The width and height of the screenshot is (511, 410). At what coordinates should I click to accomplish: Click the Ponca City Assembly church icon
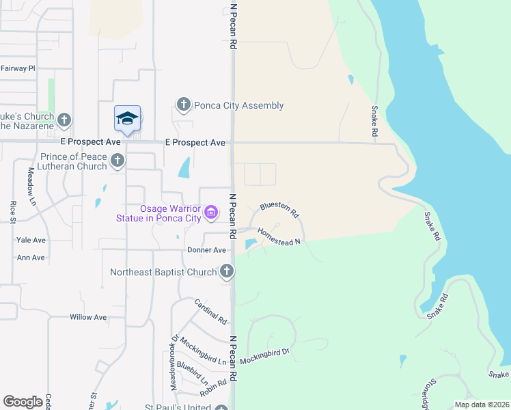click(183, 105)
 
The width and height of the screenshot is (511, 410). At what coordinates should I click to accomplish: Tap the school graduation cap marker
click(128, 119)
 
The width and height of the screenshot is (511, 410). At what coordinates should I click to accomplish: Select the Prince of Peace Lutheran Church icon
click(118, 161)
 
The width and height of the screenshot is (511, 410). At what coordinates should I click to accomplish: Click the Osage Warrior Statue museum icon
click(211, 213)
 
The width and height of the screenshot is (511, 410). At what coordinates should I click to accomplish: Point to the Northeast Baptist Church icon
click(227, 272)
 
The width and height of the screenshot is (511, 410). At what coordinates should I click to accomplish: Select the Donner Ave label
click(206, 250)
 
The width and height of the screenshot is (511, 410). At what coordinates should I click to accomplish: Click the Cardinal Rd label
click(210, 311)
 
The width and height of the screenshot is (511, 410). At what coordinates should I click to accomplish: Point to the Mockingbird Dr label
click(265, 356)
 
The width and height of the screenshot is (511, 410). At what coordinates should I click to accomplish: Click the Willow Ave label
click(88, 317)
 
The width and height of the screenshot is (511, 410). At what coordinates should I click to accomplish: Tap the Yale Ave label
click(31, 241)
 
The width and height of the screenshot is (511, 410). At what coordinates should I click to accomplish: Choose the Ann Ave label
click(31, 258)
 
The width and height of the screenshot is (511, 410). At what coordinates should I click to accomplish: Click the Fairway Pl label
click(18, 68)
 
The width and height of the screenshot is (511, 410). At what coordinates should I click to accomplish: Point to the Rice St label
click(13, 211)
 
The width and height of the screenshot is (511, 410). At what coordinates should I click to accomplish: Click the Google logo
click(23, 402)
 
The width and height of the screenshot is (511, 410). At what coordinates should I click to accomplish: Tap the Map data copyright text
click(481, 405)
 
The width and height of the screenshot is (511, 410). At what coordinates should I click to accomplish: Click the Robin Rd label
click(212, 388)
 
